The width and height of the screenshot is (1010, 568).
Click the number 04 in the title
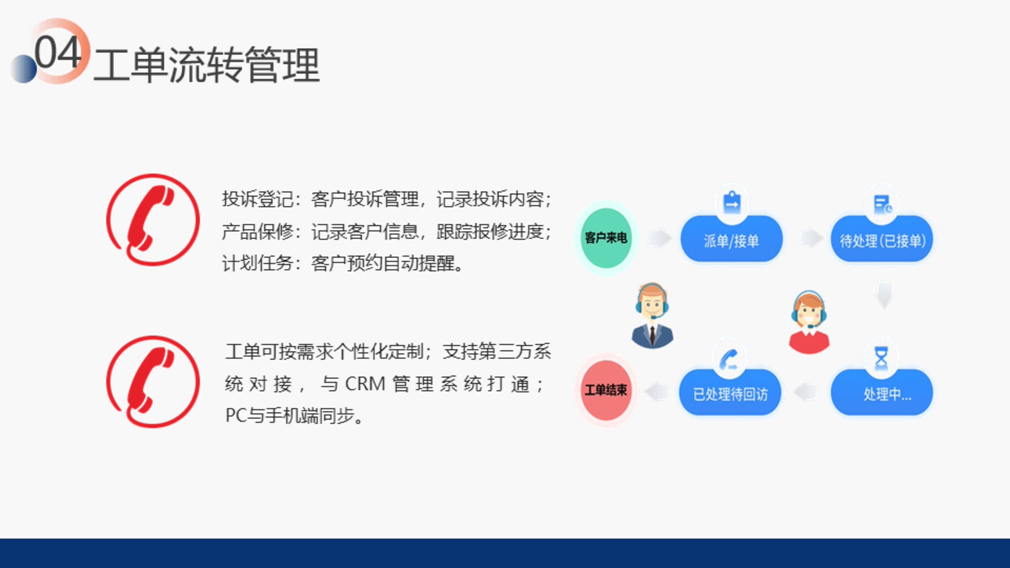point(58,53)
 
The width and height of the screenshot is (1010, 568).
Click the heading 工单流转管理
point(207,65)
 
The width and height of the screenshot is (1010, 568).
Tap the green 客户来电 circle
point(606,238)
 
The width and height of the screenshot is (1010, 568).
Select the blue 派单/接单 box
point(731,239)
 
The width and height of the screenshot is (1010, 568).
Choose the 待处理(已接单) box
point(882,239)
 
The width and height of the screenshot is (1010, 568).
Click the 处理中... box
point(882,393)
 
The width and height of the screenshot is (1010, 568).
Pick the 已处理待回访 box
point(730,393)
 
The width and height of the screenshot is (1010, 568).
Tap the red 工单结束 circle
point(606,390)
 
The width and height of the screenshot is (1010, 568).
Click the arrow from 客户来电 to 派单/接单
point(661,238)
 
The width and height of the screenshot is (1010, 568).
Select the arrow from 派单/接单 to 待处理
point(812,238)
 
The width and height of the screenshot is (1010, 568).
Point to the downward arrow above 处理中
point(884,295)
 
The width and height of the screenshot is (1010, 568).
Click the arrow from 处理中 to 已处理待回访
point(806,392)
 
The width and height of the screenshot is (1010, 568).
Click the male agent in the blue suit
point(652,316)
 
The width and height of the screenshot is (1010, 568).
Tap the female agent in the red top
point(809,322)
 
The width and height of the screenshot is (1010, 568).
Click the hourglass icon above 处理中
point(881,357)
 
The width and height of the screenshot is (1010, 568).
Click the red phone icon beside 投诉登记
point(153,220)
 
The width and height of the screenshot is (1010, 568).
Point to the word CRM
point(365,384)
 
